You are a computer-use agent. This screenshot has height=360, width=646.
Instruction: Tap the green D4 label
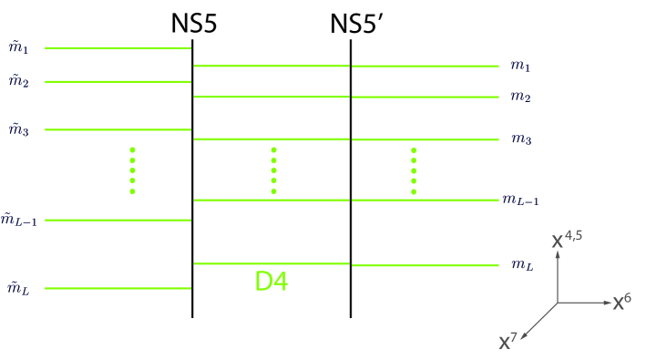click(272, 282)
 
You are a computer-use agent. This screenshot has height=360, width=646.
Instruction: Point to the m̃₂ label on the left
click(19, 81)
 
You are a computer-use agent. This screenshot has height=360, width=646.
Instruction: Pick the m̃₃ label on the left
click(19, 129)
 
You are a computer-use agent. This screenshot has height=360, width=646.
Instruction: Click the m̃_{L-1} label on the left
click(19, 219)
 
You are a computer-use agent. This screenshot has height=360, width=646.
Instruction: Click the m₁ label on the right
click(520, 67)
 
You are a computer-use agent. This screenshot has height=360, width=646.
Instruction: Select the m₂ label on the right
click(520, 97)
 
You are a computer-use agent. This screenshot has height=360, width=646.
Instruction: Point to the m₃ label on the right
click(520, 139)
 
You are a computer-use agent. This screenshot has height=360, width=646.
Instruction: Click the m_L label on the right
click(522, 265)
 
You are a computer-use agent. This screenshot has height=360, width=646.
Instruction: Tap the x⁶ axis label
click(622, 302)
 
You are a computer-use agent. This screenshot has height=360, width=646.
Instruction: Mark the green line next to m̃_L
click(118, 288)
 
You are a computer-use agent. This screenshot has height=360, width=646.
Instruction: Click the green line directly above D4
click(272, 263)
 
